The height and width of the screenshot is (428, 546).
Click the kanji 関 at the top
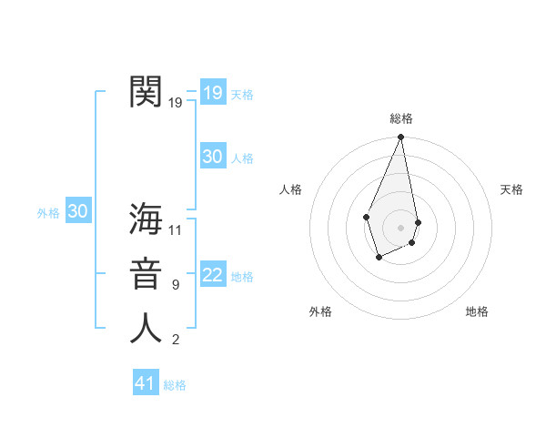(x=147, y=91)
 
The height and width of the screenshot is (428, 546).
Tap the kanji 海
(x=147, y=219)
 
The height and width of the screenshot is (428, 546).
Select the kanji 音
(x=147, y=274)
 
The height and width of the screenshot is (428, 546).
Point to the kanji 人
(x=147, y=329)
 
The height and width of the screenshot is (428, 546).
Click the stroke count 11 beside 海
(x=176, y=229)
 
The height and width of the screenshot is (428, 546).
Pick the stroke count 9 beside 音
(x=176, y=285)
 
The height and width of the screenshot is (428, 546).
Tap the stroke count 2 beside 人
(x=176, y=340)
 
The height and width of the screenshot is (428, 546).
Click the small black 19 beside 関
(x=176, y=102)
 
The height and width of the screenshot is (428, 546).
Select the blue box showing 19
(x=212, y=92)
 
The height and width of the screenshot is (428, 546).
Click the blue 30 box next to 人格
(x=212, y=157)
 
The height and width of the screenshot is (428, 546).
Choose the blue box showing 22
(x=212, y=275)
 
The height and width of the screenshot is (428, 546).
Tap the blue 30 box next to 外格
(x=77, y=211)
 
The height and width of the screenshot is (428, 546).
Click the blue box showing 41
(x=145, y=383)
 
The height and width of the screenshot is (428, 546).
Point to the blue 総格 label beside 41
(x=175, y=385)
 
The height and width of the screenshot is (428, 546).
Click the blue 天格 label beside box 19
(x=242, y=95)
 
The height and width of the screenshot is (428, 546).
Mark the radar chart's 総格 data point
(x=400, y=138)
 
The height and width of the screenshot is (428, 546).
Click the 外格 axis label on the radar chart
(x=320, y=311)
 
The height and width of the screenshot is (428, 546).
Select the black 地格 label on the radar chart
(x=477, y=311)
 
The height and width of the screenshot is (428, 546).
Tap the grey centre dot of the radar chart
(x=400, y=227)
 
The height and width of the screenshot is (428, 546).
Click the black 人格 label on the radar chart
(x=291, y=189)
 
